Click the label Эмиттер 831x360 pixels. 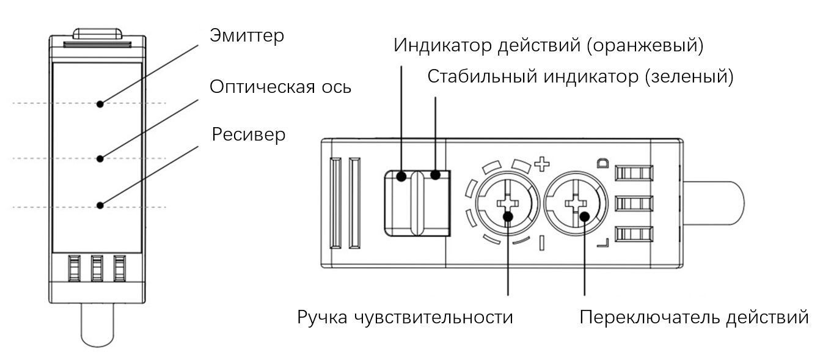click(247, 36)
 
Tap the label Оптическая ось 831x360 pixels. click(280, 86)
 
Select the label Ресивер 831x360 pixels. click(249, 134)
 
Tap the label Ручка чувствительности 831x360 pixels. click(405, 318)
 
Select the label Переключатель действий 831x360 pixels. click(694, 318)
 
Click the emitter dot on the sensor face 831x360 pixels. click(100, 104)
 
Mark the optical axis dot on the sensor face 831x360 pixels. click(100, 159)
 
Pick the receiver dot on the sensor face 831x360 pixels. click(100, 205)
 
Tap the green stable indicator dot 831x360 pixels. click(435, 175)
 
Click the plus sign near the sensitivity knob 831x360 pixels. click(542, 164)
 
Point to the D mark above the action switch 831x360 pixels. click(602, 163)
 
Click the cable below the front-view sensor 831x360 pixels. click(97, 326)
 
